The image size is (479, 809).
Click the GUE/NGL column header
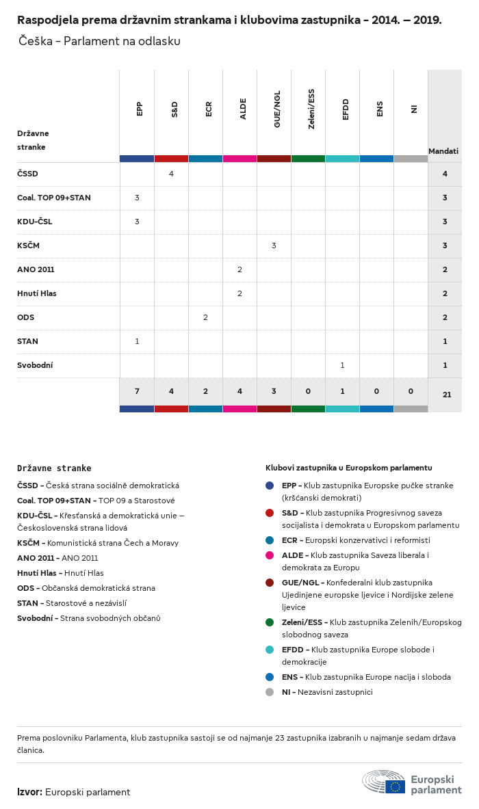tap(277, 109)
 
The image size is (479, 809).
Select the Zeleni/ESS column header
tap(311, 109)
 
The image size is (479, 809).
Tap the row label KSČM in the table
tap(28, 246)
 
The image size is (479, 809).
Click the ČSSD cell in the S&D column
tap(171, 174)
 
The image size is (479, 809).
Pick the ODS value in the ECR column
tap(205, 317)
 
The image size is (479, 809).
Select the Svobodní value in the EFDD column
tap(342, 365)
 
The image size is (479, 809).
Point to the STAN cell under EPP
tap(137, 341)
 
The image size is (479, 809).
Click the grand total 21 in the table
tap(447, 395)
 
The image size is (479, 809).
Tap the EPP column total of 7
tap(137, 391)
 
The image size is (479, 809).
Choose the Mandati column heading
tap(443, 151)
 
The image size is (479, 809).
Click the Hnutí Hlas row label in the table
tap(37, 293)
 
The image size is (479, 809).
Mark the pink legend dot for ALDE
tap(270, 555)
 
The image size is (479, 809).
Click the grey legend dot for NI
tap(270, 692)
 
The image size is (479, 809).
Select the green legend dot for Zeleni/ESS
tap(270, 622)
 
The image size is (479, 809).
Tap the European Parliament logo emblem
tap(384, 782)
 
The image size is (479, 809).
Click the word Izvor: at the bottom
tap(29, 792)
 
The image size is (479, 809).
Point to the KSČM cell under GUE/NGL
tap(274, 246)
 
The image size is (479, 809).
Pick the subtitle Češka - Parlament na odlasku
tap(100, 41)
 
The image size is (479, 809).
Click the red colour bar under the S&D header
tap(171, 159)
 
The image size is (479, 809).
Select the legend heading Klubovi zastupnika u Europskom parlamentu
tap(349, 468)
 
